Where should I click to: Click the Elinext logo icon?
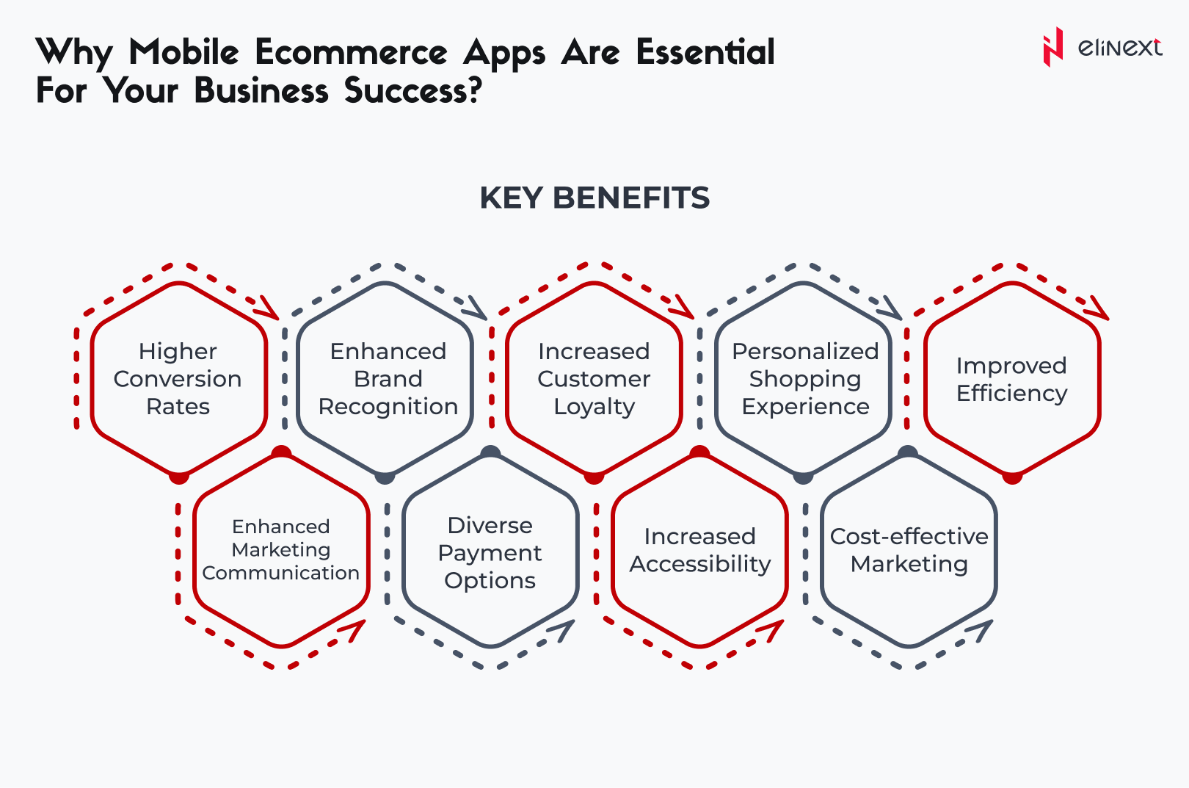click(x=1053, y=47)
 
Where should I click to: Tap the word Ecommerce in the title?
click(x=351, y=53)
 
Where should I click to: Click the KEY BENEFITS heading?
click(x=594, y=198)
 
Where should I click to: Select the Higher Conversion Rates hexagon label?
click(x=178, y=379)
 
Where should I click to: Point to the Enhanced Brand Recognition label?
click(x=388, y=379)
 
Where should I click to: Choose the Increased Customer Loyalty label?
click(x=594, y=379)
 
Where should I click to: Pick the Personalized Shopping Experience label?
click(x=805, y=379)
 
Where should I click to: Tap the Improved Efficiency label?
click(x=1011, y=380)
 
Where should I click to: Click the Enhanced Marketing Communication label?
click(x=281, y=549)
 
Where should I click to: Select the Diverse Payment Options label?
click(x=490, y=553)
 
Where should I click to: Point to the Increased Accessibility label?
click(x=700, y=550)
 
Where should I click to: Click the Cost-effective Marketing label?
click(x=909, y=550)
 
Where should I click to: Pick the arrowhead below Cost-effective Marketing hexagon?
click(x=981, y=630)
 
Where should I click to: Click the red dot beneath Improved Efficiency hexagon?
click(x=1012, y=477)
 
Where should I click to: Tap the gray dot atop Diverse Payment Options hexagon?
click(x=490, y=452)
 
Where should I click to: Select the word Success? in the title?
click(x=413, y=90)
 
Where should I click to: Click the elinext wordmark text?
click(x=1120, y=48)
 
